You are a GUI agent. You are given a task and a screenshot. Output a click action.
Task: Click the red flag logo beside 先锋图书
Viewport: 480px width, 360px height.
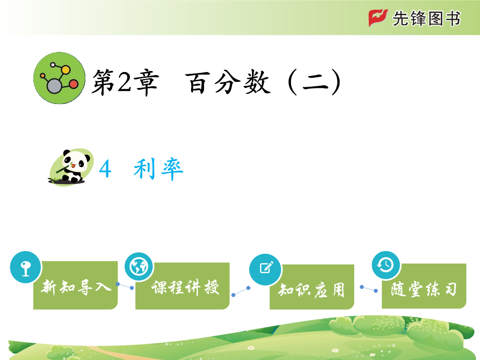378,18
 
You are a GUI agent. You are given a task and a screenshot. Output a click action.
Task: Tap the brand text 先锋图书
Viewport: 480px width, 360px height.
426,18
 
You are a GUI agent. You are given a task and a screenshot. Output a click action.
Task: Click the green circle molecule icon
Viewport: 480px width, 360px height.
60,78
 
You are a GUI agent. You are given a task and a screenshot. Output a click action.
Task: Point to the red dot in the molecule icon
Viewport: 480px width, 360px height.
73,84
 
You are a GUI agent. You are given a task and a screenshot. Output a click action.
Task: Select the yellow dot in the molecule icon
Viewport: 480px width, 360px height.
66,70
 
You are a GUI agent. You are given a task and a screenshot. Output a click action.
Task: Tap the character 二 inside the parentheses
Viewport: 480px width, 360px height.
315,83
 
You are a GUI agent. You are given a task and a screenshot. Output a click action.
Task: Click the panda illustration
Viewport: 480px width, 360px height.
71,167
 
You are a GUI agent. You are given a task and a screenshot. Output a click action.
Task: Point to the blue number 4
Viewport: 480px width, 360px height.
105,169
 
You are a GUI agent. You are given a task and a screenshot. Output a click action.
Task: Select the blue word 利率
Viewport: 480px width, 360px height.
158,169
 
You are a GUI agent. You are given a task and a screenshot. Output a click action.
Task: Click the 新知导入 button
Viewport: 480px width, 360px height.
75,285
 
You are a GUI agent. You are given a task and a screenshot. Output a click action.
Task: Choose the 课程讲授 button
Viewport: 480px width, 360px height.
183,286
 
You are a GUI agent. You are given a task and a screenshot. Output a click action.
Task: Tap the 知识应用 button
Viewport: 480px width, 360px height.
312,287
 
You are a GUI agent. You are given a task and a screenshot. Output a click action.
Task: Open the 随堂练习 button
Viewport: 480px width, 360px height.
424,286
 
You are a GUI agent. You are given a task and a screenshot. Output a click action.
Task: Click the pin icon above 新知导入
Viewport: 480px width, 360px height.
25,267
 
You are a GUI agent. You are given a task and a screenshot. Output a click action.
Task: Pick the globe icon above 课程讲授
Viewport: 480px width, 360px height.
139,267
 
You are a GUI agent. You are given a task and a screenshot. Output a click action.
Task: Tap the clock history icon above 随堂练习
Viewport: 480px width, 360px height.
386,265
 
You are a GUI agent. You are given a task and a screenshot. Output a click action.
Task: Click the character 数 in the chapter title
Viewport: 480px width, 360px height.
257,82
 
